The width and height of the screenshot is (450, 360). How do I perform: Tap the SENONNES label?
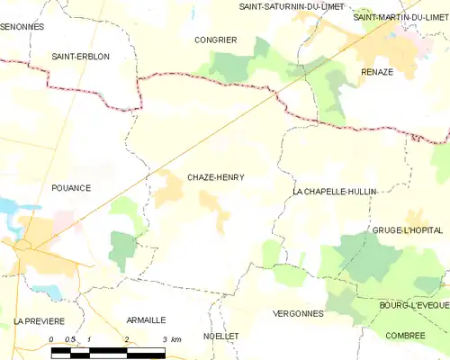(22, 27)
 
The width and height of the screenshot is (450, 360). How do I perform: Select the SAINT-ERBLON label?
(81, 56)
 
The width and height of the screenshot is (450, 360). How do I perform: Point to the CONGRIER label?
(216, 40)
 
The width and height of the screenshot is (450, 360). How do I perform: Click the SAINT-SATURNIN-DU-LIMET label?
(291, 6)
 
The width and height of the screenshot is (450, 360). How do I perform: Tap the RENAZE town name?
(377, 72)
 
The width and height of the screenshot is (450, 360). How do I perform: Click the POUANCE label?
(71, 188)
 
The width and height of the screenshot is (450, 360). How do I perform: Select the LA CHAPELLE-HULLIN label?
(335, 192)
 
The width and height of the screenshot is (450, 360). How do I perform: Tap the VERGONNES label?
(297, 313)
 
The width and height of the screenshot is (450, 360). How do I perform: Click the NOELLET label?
(221, 335)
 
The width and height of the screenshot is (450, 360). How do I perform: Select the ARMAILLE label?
(146, 319)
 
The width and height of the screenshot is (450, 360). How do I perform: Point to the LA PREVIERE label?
(39, 320)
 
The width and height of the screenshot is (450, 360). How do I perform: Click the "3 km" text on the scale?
(171, 339)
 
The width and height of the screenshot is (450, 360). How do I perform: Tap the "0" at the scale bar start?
(51, 339)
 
